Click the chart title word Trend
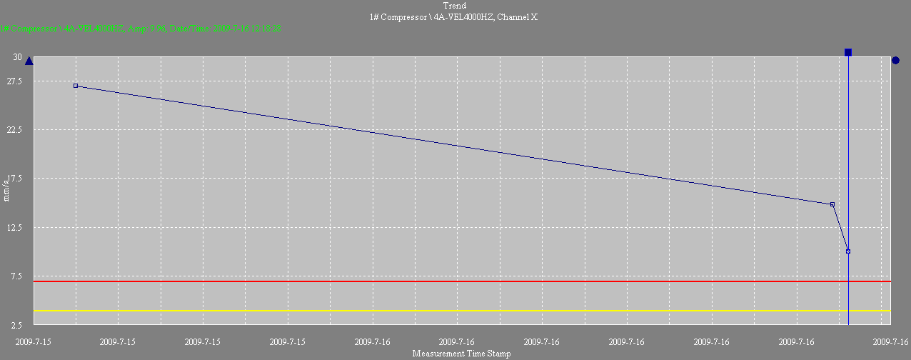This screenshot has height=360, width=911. [x=455, y=6]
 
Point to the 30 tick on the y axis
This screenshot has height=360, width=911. [x=17, y=57]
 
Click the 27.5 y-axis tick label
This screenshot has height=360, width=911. [x=14, y=81]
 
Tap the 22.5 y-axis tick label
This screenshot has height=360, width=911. [x=14, y=130]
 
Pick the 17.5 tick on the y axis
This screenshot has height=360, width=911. [x=14, y=179]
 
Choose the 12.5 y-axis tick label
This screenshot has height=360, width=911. [x=14, y=227]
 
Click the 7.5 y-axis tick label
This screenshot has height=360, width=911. [x=16, y=276]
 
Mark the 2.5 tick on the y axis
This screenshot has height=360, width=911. [x=16, y=325]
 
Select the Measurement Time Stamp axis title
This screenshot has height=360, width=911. [x=461, y=354]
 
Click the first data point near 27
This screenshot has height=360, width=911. [x=76, y=86]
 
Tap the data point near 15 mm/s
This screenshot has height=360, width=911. [x=832, y=204]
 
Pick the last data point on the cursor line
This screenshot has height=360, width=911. [x=848, y=251]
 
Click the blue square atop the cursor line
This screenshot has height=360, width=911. [x=848, y=52]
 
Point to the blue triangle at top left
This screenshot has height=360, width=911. [x=29, y=61]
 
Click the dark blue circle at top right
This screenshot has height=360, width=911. [x=895, y=61]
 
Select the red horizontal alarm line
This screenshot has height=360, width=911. [x=457, y=281]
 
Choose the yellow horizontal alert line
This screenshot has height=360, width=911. [x=457, y=311]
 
